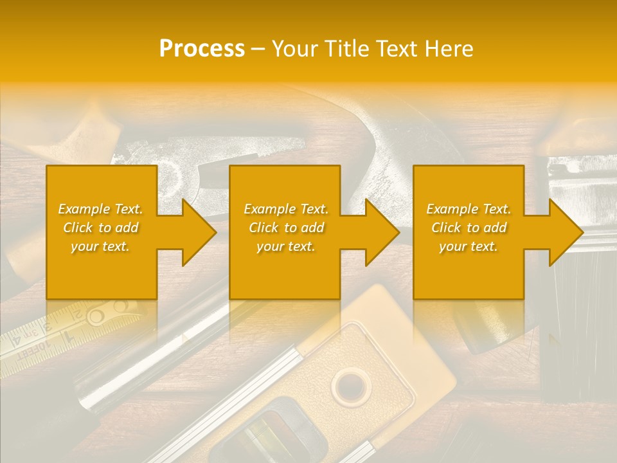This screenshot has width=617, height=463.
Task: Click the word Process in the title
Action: click(202, 49)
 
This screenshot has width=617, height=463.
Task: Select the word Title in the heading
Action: click(353, 49)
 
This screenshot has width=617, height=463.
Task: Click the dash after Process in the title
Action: click(258, 50)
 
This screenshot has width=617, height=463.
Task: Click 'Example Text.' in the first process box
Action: click(100, 209)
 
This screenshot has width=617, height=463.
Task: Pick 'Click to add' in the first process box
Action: click(100, 228)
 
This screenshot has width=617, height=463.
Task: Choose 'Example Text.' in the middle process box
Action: click(286, 209)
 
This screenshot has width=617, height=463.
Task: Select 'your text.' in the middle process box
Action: click(286, 246)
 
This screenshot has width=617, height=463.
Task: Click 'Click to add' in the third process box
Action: click(469, 228)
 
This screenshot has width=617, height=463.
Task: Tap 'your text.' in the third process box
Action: click(469, 246)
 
